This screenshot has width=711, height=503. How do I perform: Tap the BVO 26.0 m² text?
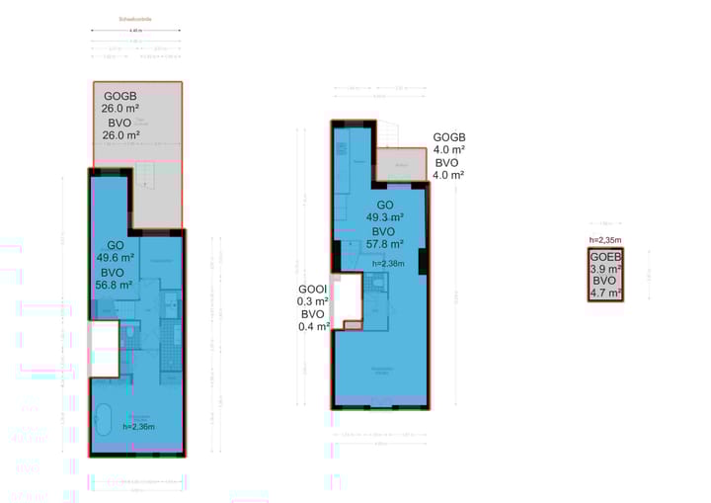[119, 128]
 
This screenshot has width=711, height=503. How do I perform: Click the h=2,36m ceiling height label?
[139, 427]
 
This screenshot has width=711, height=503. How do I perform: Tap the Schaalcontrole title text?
[134, 19]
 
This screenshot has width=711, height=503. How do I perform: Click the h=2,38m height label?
[388, 264]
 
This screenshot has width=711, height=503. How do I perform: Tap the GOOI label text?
[314, 290]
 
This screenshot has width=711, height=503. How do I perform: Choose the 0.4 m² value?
[314, 327]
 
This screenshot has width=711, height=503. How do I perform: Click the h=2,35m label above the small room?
[604, 240]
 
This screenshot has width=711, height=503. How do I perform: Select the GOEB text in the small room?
[604, 257]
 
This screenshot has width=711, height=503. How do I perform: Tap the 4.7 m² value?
[604, 293]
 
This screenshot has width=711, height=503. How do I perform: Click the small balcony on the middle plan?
[402, 166]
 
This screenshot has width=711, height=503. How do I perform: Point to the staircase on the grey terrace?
[144, 178]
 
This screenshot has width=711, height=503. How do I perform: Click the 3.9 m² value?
[604, 269]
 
